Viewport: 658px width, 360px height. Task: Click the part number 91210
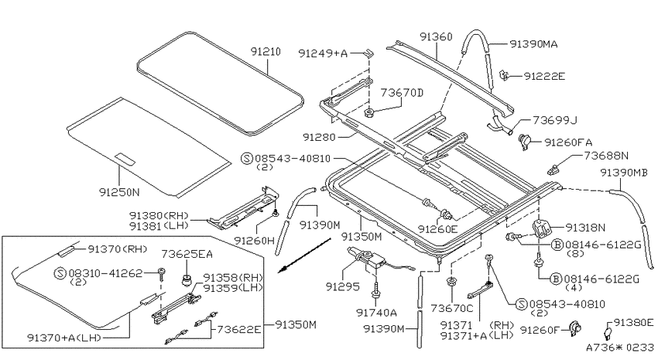point(266,52)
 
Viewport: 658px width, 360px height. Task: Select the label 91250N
point(119,192)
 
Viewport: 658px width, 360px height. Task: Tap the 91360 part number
point(437,37)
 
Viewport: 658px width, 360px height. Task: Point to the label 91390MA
point(534,44)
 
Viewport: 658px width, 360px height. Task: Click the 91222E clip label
point(544,77)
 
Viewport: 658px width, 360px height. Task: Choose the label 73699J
point(555,121)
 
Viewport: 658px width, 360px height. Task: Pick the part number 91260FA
point(569,142)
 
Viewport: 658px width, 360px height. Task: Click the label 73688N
point(606,156)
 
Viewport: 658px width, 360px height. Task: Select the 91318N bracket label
point(585,228)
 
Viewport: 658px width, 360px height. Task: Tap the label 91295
point(343,286)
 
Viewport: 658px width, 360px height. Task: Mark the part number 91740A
point(376,313)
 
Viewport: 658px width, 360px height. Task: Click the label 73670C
point(452,309)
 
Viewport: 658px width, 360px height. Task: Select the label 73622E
point(238,329)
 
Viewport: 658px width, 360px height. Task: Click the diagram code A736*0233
point(620,348)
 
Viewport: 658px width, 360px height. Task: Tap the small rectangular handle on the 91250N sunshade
point(125,159)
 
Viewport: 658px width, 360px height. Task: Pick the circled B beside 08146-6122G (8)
point(557,245)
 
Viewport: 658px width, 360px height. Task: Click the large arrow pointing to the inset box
point(305,255)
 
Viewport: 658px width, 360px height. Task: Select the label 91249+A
point(323,53)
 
